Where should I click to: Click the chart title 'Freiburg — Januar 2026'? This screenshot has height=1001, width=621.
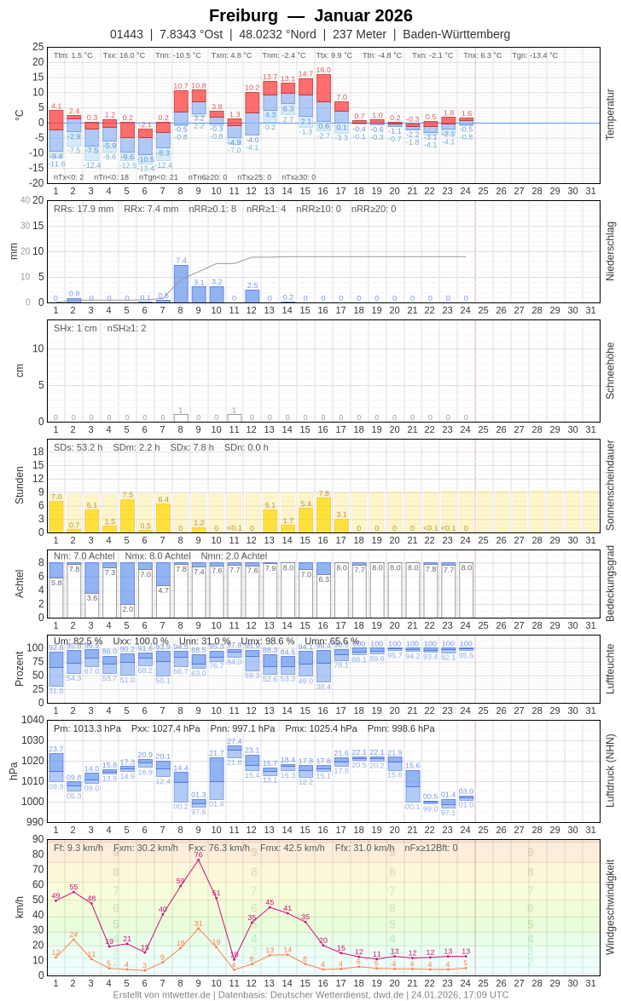pos(310,15)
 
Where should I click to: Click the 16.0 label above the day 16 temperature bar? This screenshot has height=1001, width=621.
pos(323,71)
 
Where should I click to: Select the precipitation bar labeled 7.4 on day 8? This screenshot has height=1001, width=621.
pos(181,284)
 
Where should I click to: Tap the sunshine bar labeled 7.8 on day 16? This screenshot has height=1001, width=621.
pos(323,515)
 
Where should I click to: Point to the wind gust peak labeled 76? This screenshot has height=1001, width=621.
pos(199,860)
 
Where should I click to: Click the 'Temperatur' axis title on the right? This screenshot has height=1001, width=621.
pos(610,115)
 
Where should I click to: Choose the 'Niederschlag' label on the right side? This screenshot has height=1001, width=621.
pos(610,251)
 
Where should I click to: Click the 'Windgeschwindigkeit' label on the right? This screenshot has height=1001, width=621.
pos(610,906)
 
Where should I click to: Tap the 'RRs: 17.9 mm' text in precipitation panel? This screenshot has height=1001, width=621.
pos(84,209)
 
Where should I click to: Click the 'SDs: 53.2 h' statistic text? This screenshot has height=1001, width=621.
pos(78,447)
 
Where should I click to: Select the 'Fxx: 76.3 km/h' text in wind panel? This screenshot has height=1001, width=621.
pos(219,848)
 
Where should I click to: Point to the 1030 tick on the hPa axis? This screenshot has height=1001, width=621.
pos(33,740)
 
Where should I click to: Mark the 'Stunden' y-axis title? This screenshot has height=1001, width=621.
pos(19,486)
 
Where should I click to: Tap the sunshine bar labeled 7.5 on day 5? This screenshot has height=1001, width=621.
pos(127,515)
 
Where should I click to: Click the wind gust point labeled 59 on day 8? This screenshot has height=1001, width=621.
pos(181,886)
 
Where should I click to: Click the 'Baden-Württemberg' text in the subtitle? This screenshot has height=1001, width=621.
pos(456,35)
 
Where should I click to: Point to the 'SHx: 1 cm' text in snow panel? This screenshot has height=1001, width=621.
pos(75,328)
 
